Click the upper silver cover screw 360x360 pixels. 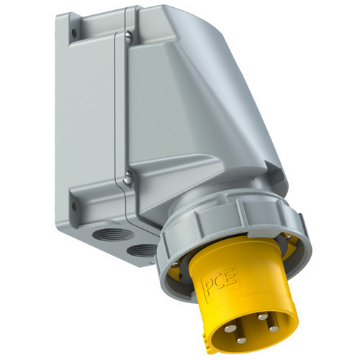click(129, 38)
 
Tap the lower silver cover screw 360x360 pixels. click(128, 178)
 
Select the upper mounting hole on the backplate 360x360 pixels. click(75, 33)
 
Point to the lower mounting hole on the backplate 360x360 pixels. click(75, 206)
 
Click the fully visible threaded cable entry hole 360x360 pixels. click(113, 234)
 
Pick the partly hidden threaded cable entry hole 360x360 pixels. click(142, 251)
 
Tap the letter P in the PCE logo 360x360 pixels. click(208, 287)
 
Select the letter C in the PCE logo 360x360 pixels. click(220, 282)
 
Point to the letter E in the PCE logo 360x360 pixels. click(232, 277)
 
